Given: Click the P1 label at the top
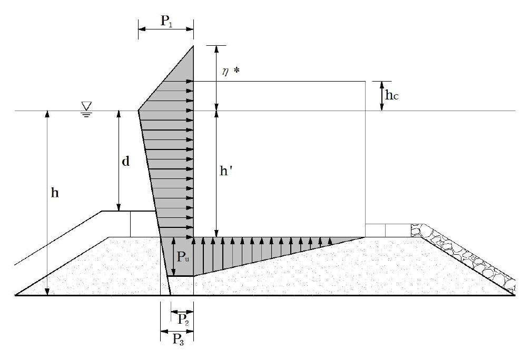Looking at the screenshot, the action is pos(166,21).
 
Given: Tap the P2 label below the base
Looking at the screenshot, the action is pos(183,319).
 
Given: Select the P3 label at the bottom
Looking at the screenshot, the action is pos(178,339).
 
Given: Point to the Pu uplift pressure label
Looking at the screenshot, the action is pos(183,257).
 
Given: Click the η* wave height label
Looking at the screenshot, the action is pos(230,72).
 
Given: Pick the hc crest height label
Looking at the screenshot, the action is pos(392,95).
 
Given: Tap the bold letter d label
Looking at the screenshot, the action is pos(125,162).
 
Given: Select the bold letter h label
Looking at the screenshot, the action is pos(55,193).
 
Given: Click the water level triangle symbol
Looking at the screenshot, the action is pos(87,106).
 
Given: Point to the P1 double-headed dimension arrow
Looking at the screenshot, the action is pos(166,29).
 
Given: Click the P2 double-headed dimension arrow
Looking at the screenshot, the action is pos(182,312).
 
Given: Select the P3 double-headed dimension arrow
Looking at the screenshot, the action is pos(177,332).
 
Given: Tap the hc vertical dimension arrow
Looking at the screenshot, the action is pos(381,96).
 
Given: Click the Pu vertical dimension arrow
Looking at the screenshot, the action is pos(173,257).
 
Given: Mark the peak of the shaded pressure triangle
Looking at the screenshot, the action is pos(193,46).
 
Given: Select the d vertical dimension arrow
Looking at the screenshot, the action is pos(119,161).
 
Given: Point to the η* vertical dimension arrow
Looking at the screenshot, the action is pos(216,78).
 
